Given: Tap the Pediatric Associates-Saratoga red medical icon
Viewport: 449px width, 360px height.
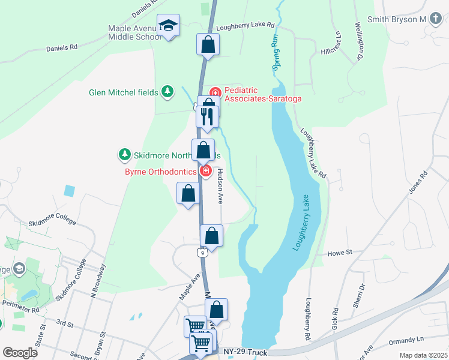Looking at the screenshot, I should [215, 93].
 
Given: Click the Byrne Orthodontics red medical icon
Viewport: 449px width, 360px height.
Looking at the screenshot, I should [206, 172].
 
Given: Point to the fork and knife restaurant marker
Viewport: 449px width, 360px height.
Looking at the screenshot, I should [208, 116].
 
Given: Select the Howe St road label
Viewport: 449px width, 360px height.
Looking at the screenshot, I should [340, 254].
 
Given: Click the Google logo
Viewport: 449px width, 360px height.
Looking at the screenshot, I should [20, 353].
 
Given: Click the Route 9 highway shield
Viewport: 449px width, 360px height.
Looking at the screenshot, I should [204, 253].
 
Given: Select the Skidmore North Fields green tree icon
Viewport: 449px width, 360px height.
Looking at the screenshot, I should [125, 155].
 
